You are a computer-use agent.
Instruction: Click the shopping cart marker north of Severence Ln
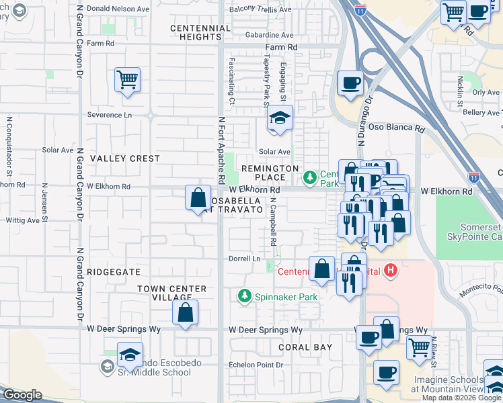click(x=127, y=81)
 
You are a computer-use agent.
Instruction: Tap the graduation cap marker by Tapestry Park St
click(x=279, y=119)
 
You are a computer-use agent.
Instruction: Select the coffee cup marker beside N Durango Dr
click(x=350, y=84)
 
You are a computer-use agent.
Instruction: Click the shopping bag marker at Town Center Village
click(x=185, y=313)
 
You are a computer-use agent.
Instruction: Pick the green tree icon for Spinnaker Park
click(x=245, y=296)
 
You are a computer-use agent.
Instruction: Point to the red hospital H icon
click(x=392, y=271)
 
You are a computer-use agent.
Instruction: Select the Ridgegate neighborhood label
click(x=114, y=272)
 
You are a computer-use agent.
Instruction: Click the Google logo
click(x=22, y=395)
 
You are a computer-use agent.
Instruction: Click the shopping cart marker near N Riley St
click(x=419, y=347)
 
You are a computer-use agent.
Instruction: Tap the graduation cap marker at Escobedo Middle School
click(x=130, y=355)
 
